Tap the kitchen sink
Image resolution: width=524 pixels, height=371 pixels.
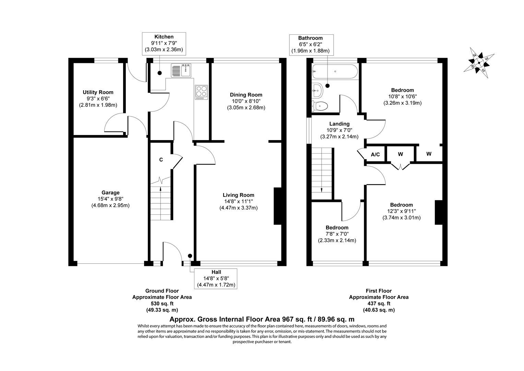[x=182, y=71]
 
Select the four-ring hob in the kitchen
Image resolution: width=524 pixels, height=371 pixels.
[x=202, y=92]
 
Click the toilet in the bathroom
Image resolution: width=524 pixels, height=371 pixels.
[x=320, y=106]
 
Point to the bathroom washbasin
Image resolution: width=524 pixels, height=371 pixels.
[x=317, y=91]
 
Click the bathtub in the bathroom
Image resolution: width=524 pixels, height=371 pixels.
[x=335, y=72]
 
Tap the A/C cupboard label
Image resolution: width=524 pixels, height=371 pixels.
[x=376, y=155]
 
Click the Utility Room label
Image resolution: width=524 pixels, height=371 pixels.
[x=98, y=92]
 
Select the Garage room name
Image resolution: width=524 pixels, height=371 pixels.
[x=110, y=193]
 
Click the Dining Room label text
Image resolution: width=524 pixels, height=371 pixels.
[x=246, y=95]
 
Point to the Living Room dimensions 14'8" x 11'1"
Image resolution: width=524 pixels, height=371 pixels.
[x=238, y=201]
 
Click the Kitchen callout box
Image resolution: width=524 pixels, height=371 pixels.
[x=164, y=43]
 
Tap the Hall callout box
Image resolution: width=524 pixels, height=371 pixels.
[x=216, y=279]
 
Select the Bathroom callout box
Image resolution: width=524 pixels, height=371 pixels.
[x=310, y=44]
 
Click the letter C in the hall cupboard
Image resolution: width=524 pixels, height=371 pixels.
[x=161, y=160]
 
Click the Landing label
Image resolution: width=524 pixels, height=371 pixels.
[x=339, y=124]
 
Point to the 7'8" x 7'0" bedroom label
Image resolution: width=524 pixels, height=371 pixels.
[x=337, y=234]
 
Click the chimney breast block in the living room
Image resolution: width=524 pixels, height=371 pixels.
[x=277, y=206]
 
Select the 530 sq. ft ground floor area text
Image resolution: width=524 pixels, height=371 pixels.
[x=162, y=303]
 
